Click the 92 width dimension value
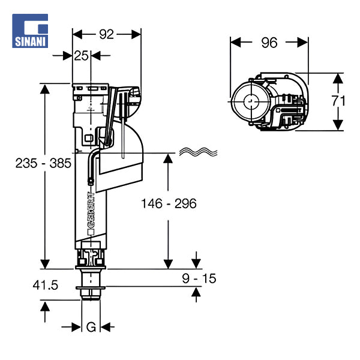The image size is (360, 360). [x=106, y=34]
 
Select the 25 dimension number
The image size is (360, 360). [x=82, y=56]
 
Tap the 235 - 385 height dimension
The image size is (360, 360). [x=44, y=163]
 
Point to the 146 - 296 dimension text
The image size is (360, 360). [x=169, y=203]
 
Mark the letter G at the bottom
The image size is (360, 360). [x=91, y=327]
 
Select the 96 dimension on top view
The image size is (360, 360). [x=269, y=43]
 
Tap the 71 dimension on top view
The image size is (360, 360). [x=338, y=100]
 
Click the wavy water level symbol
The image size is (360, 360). [x=197, y=152]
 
